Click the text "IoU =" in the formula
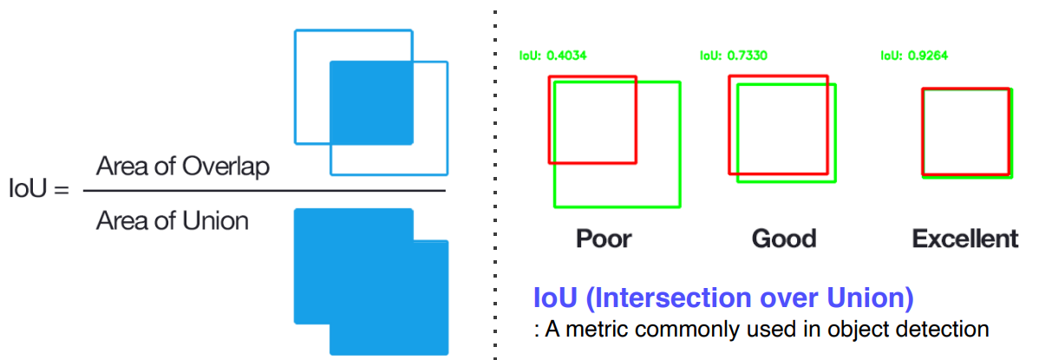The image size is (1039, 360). pyautogui.click(x=38, y=190)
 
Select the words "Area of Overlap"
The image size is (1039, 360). pyautogui.click(x=182, y=167)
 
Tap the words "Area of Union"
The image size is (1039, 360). pyautogui.click(x=172, y=221)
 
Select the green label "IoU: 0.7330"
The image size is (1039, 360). pyautogui.click(x=733, y=56)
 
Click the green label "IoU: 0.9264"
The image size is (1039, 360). pyautogui.click(x=914, y=56)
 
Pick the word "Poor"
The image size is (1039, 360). pyautogui.click(x=604, y=239)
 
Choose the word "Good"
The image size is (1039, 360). pyautogui.click(x=784, y=239)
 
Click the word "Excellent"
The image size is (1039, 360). pyautogui.click(x=964, y=239)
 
